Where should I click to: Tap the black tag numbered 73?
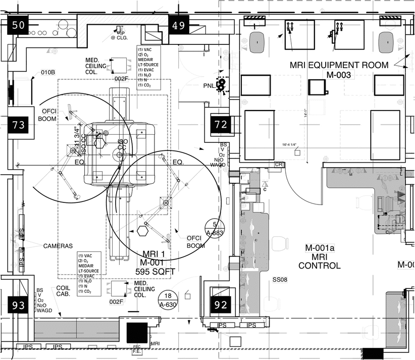point(18,125)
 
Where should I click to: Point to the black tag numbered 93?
point(18,305)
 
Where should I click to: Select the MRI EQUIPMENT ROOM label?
point(339,65)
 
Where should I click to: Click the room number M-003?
point(338,75)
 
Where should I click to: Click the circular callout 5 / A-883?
point(215,229)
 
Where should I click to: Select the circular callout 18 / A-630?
point(168,300)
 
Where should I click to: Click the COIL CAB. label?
point(63,290)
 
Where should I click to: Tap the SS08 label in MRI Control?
point(280,279)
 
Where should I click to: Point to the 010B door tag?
point(47,73)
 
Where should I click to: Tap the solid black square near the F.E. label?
point(136,333)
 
